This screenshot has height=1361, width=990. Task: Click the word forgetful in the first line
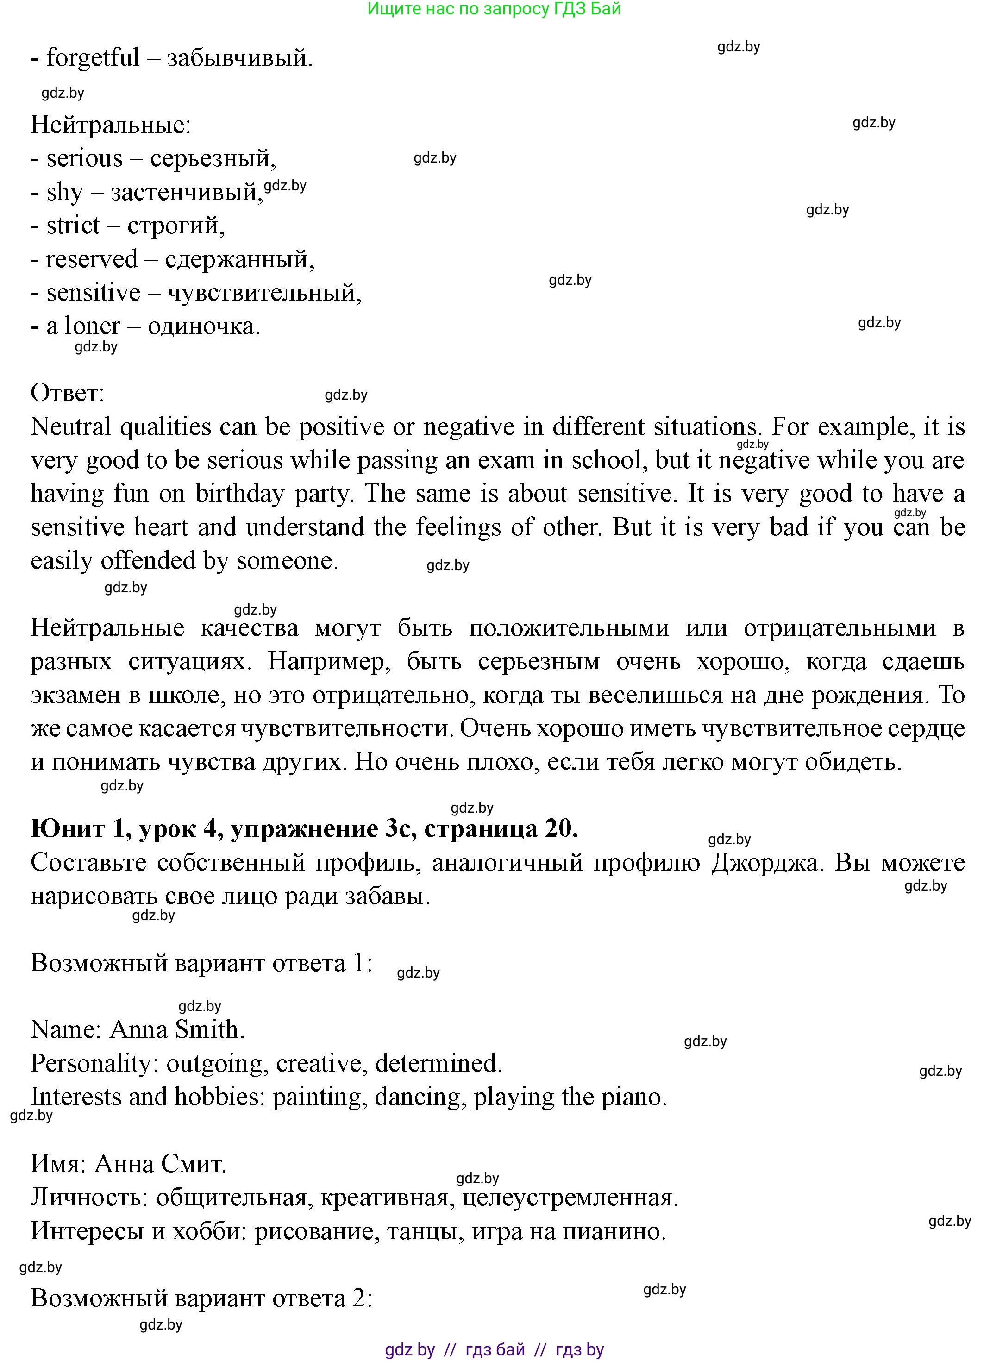[93, 58]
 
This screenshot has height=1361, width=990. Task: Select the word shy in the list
[64, 193]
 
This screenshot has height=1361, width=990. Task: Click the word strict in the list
[73, 226]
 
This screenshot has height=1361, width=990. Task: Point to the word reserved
[92, 259]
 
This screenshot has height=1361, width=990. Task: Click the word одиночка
[203, 326]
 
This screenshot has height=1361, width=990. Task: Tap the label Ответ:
[67, 393]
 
